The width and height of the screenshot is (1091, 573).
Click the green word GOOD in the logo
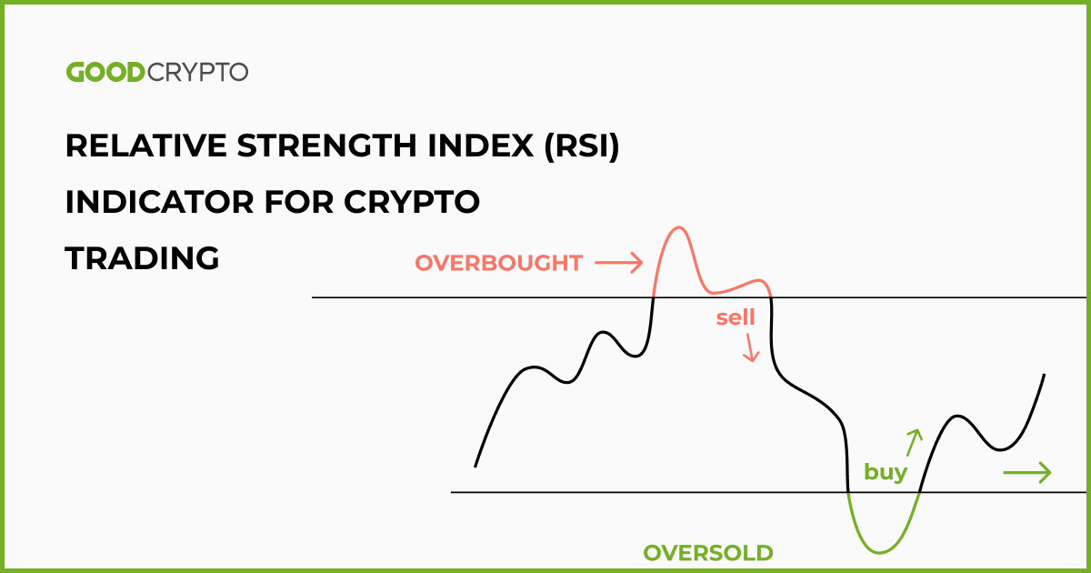click(x=105, y=73)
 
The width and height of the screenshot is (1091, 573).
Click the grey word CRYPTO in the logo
click(x=196, y=73)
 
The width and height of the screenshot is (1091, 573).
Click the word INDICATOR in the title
click(x=152, y=203)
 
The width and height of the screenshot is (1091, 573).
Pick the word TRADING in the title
click(x=143, y=258)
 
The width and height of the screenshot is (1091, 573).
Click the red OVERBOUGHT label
click(x=498, y=264)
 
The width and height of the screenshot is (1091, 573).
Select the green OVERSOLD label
click(x=708, y=552)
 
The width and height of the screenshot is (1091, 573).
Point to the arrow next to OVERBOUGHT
click(x=618, y=264)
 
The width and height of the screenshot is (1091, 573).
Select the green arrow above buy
click(x=914, y=441)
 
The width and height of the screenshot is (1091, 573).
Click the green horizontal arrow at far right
click(x=1026, y=472)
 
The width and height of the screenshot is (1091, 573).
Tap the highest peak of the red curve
click(x=676, y=226)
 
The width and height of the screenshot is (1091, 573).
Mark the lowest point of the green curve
click(x=879, y=552)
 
